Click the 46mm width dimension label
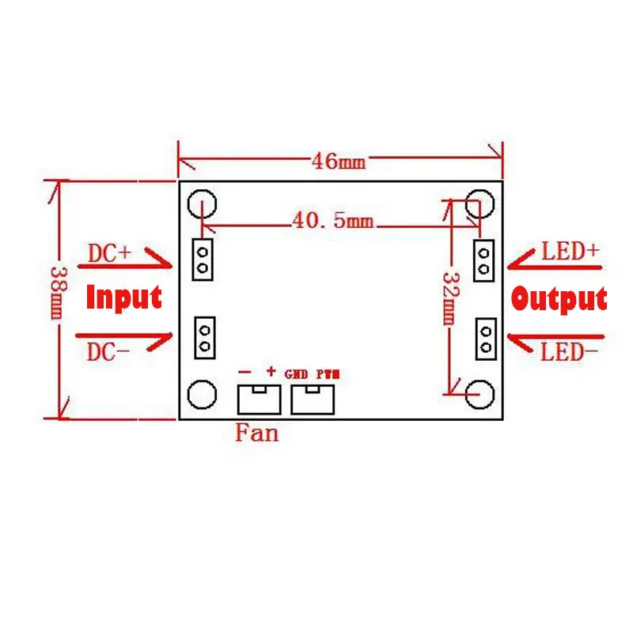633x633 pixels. coord(339,161)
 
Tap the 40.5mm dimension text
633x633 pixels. coord(332,221)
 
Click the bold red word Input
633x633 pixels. coord(123,298)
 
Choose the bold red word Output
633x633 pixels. coord(559,299)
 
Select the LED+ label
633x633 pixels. coord(570,252)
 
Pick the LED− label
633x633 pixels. coord(570,352)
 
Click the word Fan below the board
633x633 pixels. coord(257,433)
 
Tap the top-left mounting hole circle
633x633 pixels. coord(202,204)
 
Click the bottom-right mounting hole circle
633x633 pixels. coord(479,392)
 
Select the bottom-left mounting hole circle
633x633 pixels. coord(202,393)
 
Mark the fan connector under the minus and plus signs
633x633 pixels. coord(259,399)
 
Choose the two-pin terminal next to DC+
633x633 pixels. coord(203,260)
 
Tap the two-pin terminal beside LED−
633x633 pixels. coord(484,338)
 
